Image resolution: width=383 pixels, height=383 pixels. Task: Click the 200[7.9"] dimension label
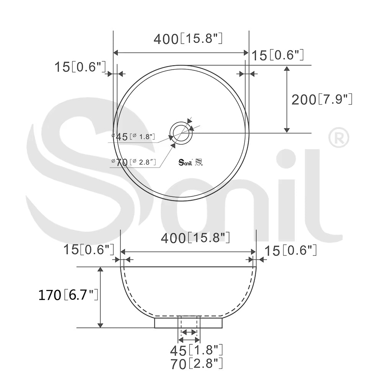(322, 99)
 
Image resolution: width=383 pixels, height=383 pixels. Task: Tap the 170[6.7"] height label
(69, 295)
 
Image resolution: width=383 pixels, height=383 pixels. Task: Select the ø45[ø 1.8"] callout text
(133, 137)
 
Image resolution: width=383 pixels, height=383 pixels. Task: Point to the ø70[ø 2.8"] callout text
(134, 162)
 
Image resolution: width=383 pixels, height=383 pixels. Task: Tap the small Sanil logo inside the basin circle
(185, 162)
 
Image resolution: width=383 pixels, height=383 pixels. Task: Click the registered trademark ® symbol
(339, 137)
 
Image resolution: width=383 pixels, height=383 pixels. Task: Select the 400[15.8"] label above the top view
(188, 39)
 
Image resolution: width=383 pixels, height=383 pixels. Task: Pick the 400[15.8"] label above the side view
(195, 238)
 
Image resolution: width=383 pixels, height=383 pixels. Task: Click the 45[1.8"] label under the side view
(196, 350)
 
